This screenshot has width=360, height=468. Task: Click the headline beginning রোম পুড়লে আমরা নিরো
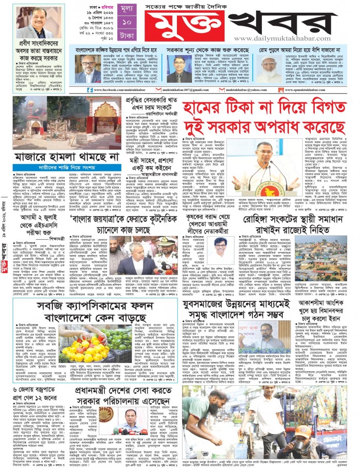coord(305,51)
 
